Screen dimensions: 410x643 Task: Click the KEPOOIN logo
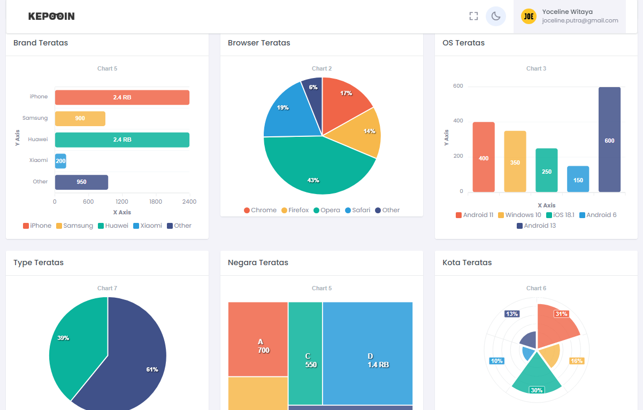click(x=51, y=17)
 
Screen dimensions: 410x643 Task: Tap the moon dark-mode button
click(x=496, y=16)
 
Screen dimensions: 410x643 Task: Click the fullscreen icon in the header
click(x=473, y=16)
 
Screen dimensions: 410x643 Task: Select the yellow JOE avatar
click(x=529, y=17)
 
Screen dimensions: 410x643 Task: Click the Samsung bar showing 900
click(x=80, y=119)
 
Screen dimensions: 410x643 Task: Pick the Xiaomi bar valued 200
click(x=60, y=161)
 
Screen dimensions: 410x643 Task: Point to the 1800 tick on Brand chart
click(x=156, y=202)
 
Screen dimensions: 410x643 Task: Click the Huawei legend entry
click(x=113, y=226)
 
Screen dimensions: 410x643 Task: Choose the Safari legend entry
click(x=357, y=210)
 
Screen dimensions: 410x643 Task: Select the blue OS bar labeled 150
click(x=578, y=179)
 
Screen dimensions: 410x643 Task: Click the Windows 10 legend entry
click(x=519, y=215)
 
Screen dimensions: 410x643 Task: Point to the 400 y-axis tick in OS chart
click(x=457, y=121)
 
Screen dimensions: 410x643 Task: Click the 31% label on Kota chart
click(x=561, y=314)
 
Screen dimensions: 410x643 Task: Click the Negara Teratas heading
click(x=258, y=262)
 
